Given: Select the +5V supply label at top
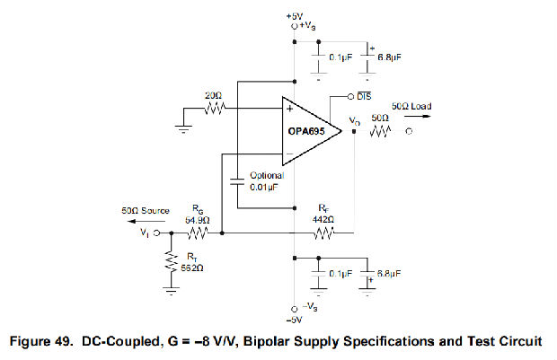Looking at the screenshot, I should tap(295, 16).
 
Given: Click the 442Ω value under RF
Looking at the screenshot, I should tap(324, 219).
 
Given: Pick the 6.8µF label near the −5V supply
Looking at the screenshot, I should tap(389, 272).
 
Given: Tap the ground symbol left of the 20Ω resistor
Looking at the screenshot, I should tap(184, 128).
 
